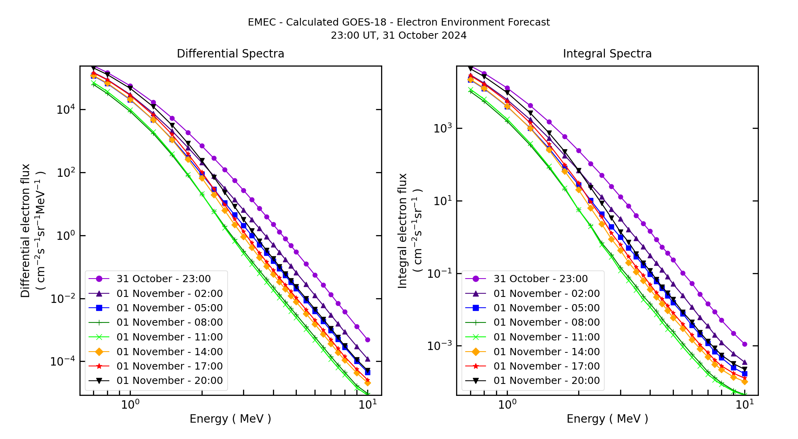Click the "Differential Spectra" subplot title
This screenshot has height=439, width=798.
(230, 53)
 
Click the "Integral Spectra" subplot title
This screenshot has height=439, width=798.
(607, 53)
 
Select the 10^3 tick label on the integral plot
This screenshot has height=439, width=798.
(442, 129)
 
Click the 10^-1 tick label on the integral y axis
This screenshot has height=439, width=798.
(439, 274)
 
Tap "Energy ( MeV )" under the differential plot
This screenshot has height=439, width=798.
(230, 419)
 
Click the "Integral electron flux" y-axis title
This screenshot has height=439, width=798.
(402, 231)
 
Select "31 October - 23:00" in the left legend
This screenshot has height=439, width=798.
(164, 279)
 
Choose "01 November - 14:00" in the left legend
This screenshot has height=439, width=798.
(170, 352)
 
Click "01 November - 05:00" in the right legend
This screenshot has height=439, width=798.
(547, 308)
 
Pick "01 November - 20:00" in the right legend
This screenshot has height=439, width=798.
(547, 380)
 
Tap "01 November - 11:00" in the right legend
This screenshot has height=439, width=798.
(547, 337)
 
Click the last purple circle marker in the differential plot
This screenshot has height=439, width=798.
(367, 340)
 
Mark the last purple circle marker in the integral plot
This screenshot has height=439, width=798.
(745, 344)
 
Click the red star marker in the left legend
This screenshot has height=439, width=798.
(99, 366)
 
